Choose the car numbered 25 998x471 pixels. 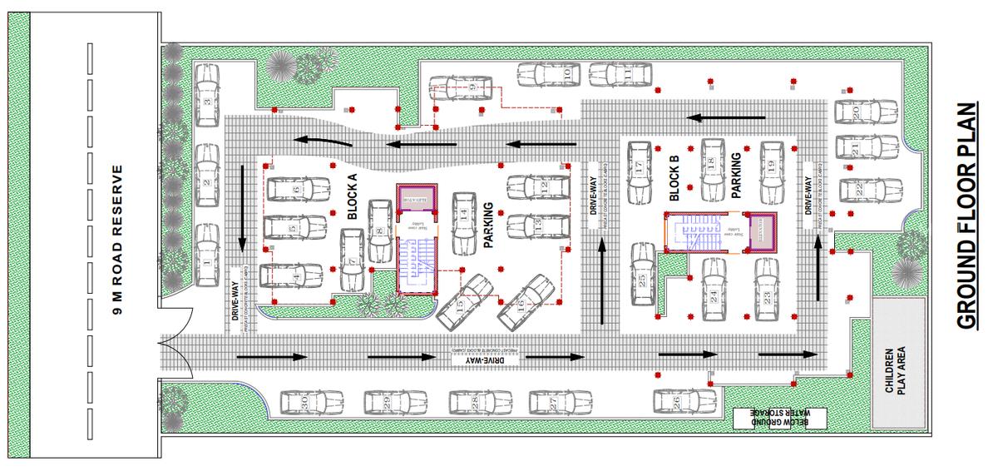point(642,277)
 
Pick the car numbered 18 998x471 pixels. point(714,167)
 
